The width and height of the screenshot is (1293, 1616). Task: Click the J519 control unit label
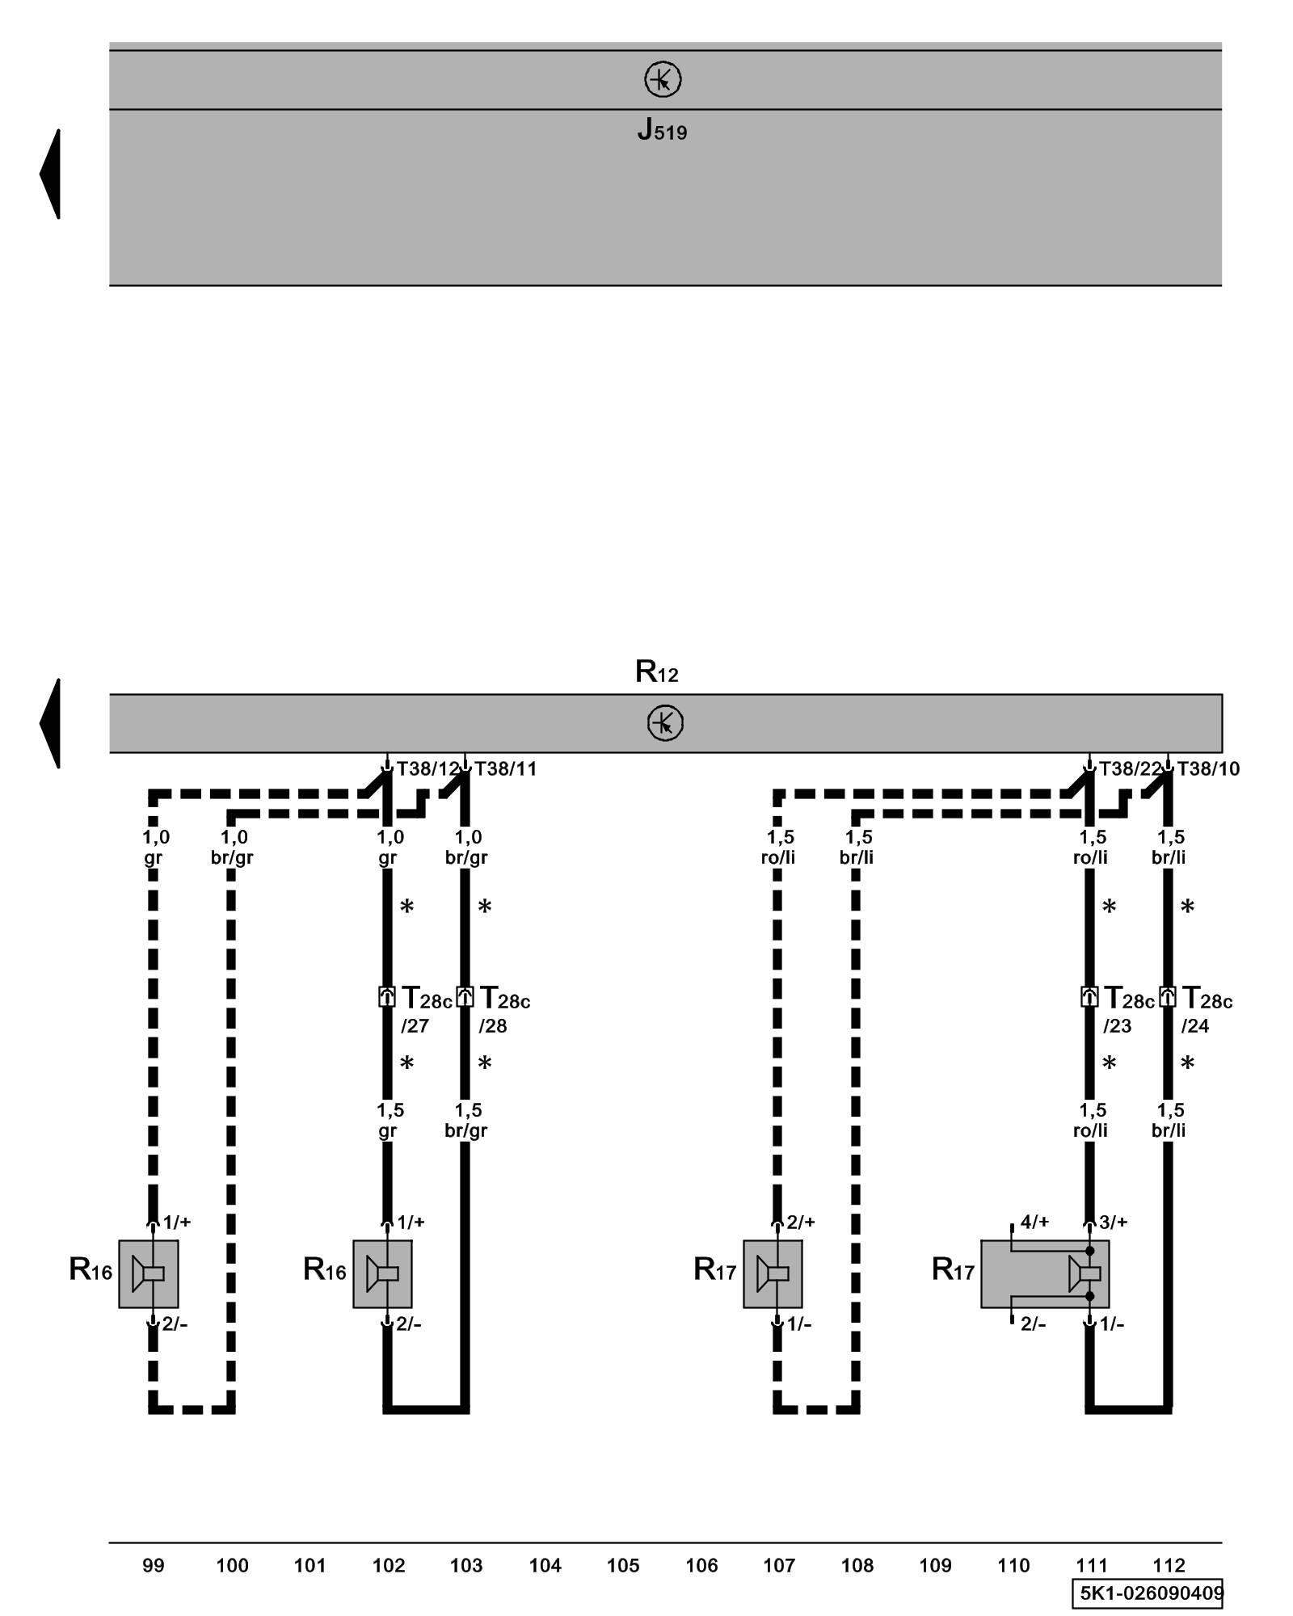pos(662,130)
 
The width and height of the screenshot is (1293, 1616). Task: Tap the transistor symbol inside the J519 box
pos(663,79)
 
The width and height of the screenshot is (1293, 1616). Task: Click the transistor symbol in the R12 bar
pos(665,722)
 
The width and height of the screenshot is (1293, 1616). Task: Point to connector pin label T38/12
pos(427,769)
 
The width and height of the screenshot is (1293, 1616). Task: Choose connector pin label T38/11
pos(506,769)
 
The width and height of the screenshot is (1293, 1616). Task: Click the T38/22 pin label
pos(1130,769)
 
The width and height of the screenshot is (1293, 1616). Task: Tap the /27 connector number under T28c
pos(415,1026)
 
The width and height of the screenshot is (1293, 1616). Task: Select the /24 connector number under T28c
pos(1195,1026)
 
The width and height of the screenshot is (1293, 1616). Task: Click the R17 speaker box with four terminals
pos(1044,1273)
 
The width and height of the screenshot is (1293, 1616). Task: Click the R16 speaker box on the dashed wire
pos(149,1273)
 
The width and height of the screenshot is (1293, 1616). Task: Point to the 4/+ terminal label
pos(1034,1222)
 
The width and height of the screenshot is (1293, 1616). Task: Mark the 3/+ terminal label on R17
pos(1113,1222)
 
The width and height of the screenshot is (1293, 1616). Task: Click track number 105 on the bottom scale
pos(623,1565)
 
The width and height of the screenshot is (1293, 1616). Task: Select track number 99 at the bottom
pos(154,1565)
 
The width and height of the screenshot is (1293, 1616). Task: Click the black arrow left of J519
pos(51,174)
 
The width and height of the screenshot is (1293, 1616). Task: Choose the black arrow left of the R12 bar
pos(51,722)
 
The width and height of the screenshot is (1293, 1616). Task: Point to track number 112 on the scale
pos(1169,1565)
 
